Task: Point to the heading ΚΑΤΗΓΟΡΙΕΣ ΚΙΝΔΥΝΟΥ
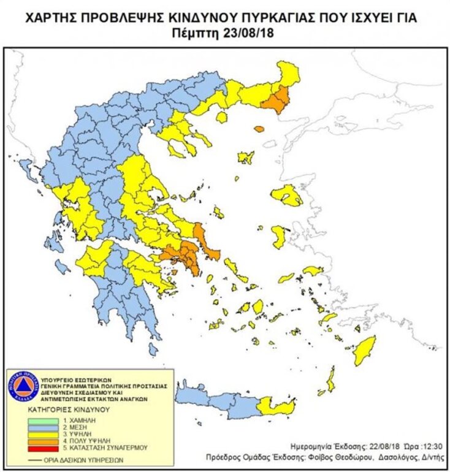click(x=67, y=408)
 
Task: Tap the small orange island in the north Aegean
click(x=259, y=129)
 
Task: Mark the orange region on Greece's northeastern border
click(x=277, y=100)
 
